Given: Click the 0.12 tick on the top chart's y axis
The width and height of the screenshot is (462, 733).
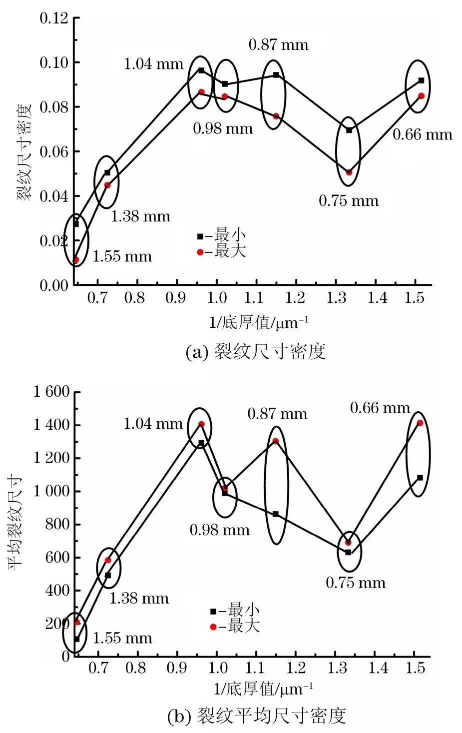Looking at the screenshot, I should click(x=53, y=18).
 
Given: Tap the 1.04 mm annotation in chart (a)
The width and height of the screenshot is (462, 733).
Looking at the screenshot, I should click(x=153, y=64).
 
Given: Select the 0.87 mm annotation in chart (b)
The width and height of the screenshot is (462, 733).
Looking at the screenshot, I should click(x=277, y=414).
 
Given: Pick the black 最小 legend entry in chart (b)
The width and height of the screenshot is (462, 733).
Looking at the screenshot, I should click(x=235, y=610).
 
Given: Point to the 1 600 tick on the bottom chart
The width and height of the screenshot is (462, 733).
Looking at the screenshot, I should click(x=51, y=392).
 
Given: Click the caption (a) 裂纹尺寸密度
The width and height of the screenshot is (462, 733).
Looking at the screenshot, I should click(x=255, y=352).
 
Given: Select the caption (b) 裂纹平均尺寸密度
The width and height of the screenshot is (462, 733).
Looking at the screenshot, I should click(x=256, y=716).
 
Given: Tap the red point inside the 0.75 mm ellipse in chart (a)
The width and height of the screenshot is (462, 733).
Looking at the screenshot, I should click(x=349, y=172).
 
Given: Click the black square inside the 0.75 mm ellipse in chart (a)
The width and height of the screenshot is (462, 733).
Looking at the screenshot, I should click(x=349, y=130).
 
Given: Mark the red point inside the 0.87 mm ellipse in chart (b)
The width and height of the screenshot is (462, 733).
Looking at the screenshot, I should click(x=275, y=441).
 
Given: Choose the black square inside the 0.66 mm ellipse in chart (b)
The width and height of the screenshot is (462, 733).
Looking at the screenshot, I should click(x=420, y=478).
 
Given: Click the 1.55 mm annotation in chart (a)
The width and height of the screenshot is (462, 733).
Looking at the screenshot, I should click(x=122, y=257).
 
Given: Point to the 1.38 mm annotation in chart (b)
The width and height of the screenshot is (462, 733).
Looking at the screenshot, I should click(x=139, y=598).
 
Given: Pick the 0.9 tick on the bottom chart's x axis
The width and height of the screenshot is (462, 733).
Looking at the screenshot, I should click(x=176, y=668).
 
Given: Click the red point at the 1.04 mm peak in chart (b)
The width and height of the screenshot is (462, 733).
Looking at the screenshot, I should click(x=201, y=424).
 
